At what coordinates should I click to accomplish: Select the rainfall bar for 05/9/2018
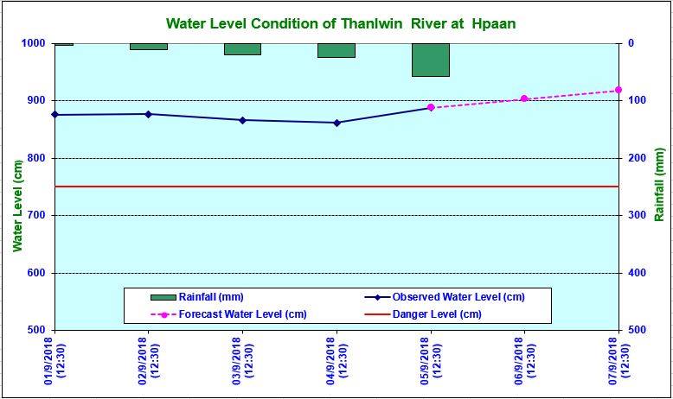[x=430, y=60]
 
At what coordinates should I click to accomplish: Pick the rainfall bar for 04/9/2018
[x=336, y=50]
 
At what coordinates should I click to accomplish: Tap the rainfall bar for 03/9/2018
[x=242, y=48]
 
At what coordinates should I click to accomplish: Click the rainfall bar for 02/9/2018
[x=148, y=46]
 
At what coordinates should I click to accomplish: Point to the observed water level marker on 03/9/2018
[x=242, y=120]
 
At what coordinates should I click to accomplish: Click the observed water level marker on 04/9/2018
[x=336, y=123]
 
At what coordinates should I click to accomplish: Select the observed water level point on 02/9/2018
[x=148, y=114]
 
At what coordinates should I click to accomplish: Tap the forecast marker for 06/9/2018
[x=524, y=98]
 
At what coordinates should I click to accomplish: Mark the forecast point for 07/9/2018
[x=618, y=90]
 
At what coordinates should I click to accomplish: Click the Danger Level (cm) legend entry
[x=437, y=313]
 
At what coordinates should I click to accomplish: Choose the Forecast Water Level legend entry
[x=242, y=313]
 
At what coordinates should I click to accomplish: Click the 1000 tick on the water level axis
[x=34, y=43]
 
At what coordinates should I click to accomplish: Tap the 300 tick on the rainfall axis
[x=636, y=215]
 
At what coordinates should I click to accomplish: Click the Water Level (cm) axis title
[x=16, y=204]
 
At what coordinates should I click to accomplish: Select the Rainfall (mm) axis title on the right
[x=658, y=186]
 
